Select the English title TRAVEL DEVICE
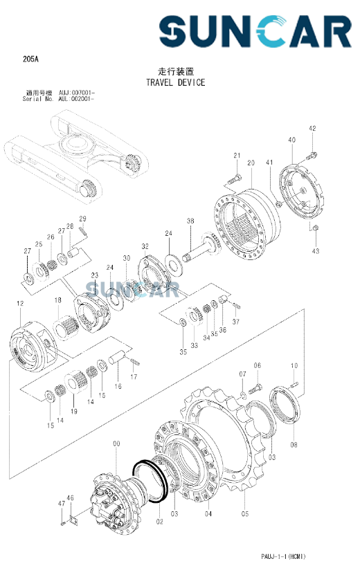point(175,82)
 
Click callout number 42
point(312,129)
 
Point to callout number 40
point(291,140)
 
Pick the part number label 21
point(236,155)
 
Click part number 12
point(20,304)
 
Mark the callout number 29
point(82,220)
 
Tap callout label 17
point(134,377)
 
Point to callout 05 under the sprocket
point(245,514)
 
